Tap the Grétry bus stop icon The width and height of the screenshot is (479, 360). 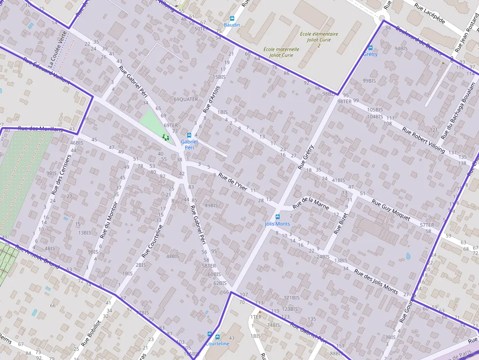[x=370, y=48]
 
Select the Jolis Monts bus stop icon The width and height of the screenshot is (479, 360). [x=277, y=217]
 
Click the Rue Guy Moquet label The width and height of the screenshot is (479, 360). [x=391, y=210]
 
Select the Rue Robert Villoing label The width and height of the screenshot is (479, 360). [x=423, y=140]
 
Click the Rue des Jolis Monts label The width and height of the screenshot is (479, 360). [x=376, y=279]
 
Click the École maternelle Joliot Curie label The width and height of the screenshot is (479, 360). [x=281, y=52]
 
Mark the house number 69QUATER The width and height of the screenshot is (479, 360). [x=186, y=99]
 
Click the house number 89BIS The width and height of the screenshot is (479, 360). [x=211, y=205]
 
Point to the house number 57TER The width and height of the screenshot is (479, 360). [x=427, y=225]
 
